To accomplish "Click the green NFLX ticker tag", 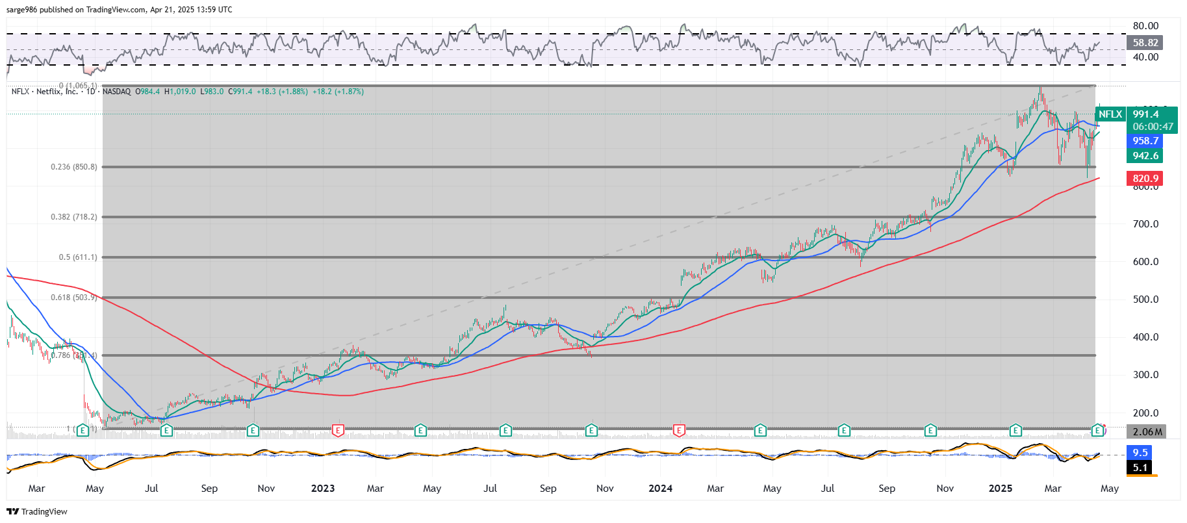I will pyautogui.click(x=1110, y=114).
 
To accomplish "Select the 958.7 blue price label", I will pyautogui.click(x=1145, y=141).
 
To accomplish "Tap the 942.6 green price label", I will pyautogui.click(x=1145, y=156).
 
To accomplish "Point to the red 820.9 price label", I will pyautogui.click(x=1145, y=179).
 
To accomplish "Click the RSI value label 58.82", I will pyautogui.click(x=1145, y=43).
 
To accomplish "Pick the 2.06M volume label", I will pyautogui.click(x=1147, y=432).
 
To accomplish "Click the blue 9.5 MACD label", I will pyautogui.click(x=1140, y=453).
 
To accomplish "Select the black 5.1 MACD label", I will pyautogui.click(x=1140, y=468).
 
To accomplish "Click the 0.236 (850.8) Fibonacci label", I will pyautogui.click(x=74, y=167).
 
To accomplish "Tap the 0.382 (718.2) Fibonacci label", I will pyautogui.click(x=74, y=217).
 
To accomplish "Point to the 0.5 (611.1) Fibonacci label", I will pyautogui.click(x=78, y=257).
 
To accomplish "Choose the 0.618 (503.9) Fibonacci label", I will pyautogui.click(x=74, y=298).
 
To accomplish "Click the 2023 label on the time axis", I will pyautogui.click(x=323, y=489).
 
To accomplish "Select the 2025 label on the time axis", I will pyautogui.click(x=1001, y=489).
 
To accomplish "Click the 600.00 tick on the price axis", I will pyautogui.click(x=1145, y=262).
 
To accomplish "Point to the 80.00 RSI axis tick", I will pyautogui.click(x=1145, y=26).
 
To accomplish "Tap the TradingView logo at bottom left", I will pyautogui.click(x=37, y=512).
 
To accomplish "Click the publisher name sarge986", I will pyautogui.click(x=21, y=10).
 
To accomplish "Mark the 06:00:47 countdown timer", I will pyautogui.click(x=1153, y=127).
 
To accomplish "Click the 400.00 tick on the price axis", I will pyautogui.click(x=1145, y=337).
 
